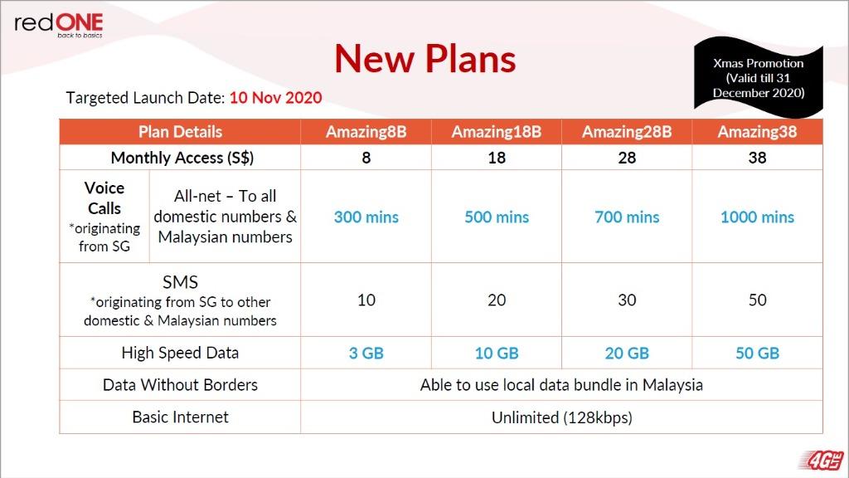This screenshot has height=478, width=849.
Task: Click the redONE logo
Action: [x=59, y=25]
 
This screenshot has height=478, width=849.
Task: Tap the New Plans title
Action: [x=425, y=59]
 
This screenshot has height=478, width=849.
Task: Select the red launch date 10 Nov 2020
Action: [x=275, y=98]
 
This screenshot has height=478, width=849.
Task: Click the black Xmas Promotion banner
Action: [x=758, y=77]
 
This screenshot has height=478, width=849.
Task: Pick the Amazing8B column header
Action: [x=366, y=132]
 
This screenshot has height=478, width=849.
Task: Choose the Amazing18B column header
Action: [x=497, y=132]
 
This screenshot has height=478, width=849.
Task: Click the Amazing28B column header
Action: [x=627, y=132]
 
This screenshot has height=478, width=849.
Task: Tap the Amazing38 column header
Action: [x=757, y=132]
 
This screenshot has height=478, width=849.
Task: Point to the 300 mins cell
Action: [x=366, y=217]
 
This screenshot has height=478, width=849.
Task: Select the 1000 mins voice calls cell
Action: [x=757, y=217]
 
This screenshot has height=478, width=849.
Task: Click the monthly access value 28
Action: [x=627, y=158]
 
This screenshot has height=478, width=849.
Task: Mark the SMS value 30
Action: [x=627, y=300]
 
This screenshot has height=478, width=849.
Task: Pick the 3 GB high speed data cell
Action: [x=366, y=354]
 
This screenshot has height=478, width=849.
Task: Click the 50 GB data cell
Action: [x=757, y=354]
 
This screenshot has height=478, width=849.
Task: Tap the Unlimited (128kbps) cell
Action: [x=562, y=417]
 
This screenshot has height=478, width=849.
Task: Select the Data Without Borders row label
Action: [x=180, y=385]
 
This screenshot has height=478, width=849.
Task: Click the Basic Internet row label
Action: [x=180, y=417]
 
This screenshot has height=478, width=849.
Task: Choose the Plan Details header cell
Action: [x=180, y=132]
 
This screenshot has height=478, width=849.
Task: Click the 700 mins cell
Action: [x=627, y=217]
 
